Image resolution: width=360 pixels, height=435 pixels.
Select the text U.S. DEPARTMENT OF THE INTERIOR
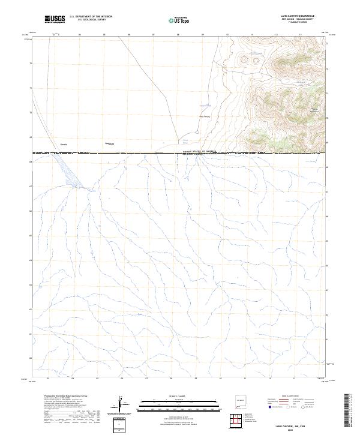tap(91, 17)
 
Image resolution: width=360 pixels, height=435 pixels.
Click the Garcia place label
tap(64, 145)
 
